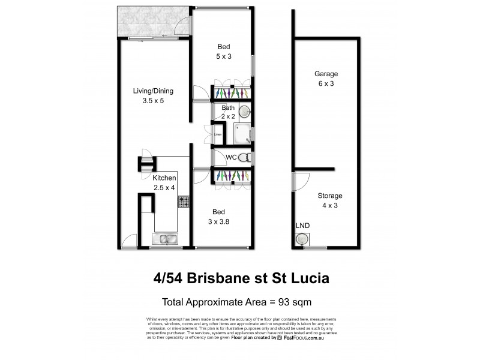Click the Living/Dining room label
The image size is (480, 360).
coord(153,91)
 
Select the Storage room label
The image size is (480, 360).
coord(330,196)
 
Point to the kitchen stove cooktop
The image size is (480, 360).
coord(183,203)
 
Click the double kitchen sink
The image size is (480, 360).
coord(163,240)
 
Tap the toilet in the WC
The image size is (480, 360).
coord(244,157)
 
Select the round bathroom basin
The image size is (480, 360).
coord(245,112)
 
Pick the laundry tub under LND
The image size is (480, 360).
coord(301,239)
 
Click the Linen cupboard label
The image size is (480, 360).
coord(218,134)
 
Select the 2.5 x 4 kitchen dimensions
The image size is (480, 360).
coord(163,188)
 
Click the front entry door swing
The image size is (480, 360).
coord(128,242)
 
